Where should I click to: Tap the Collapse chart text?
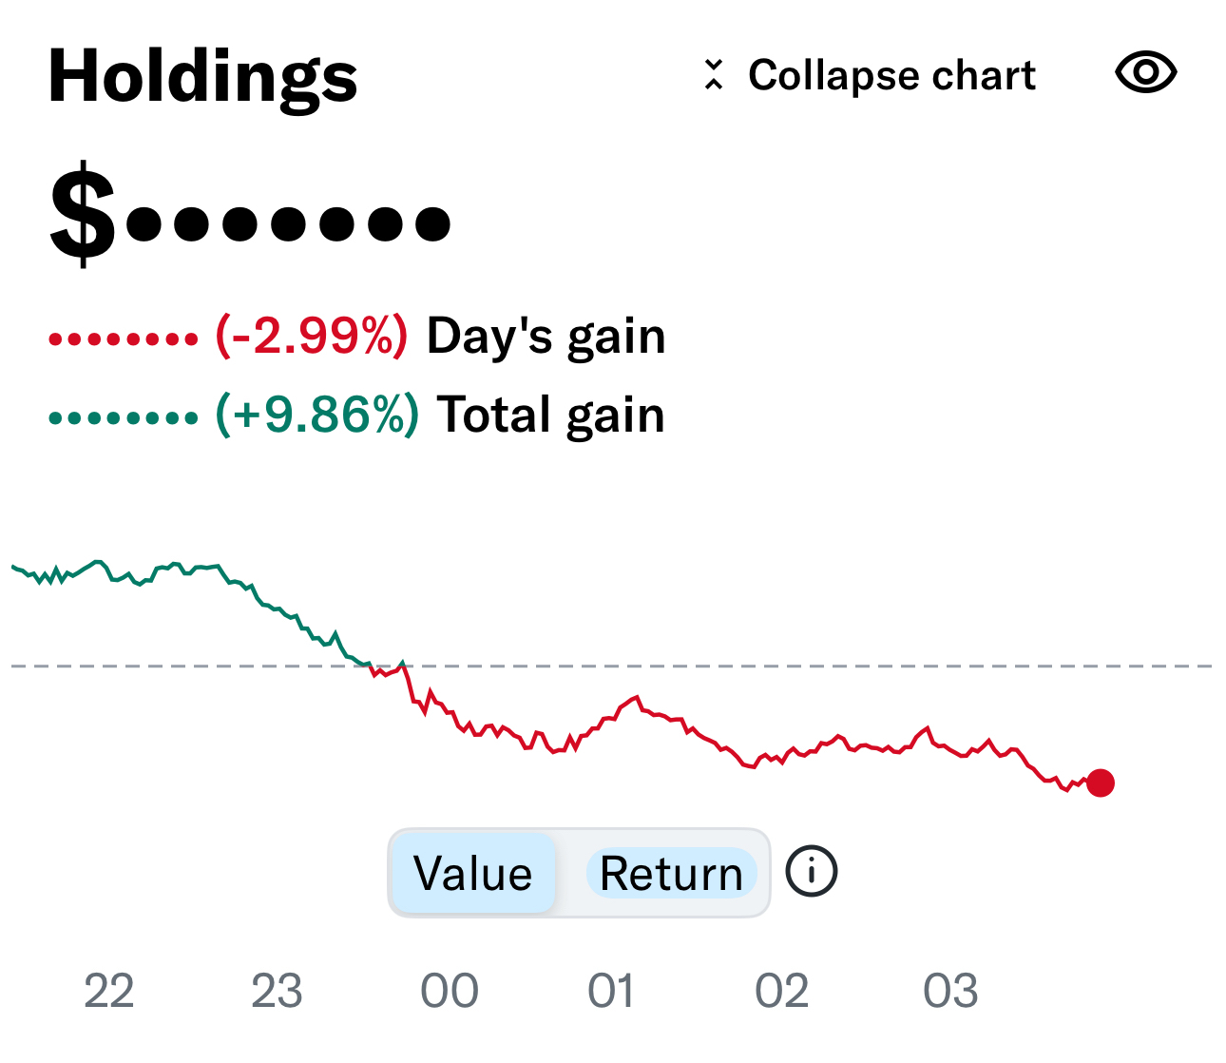point(891,75)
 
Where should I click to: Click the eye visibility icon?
point(1145,73)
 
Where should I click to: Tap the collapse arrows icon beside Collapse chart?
point(714,74)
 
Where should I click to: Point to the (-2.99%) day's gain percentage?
point(312,336)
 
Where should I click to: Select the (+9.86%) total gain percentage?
point(316,415)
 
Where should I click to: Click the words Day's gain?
point(546,337)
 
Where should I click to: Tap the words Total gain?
point(550,416)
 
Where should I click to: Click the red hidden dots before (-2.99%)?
point(124,338)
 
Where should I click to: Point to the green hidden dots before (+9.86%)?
point(124,417)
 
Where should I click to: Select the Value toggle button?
point(472,873)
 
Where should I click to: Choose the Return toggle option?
point(671,873)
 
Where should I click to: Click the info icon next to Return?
point(812,871)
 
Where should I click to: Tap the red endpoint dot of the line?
point(1101,783)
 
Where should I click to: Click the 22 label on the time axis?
point(108,992)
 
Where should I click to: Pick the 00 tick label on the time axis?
point(449,992)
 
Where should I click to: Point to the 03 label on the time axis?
point(950,992)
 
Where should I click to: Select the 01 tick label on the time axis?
point(611,992)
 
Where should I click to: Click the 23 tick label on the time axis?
point(277,992)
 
